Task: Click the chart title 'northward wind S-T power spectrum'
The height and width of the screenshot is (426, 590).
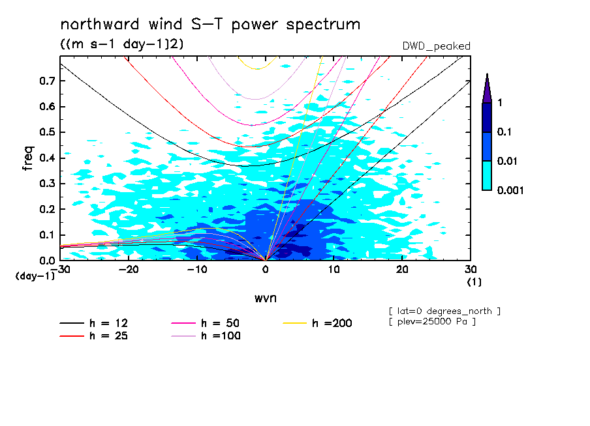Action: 210,25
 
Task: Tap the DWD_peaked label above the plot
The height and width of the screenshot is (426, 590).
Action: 437,46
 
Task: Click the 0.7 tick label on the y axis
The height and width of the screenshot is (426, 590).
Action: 47,81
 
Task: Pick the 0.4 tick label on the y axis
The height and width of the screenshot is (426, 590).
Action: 47,158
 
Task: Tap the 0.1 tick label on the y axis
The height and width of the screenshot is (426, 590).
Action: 47,235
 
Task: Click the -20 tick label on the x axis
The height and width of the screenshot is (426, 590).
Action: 129,270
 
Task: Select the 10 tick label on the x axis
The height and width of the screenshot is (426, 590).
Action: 334,270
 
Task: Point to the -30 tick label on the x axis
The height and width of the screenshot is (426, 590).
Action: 60,270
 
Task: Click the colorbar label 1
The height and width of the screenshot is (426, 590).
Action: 500,103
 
